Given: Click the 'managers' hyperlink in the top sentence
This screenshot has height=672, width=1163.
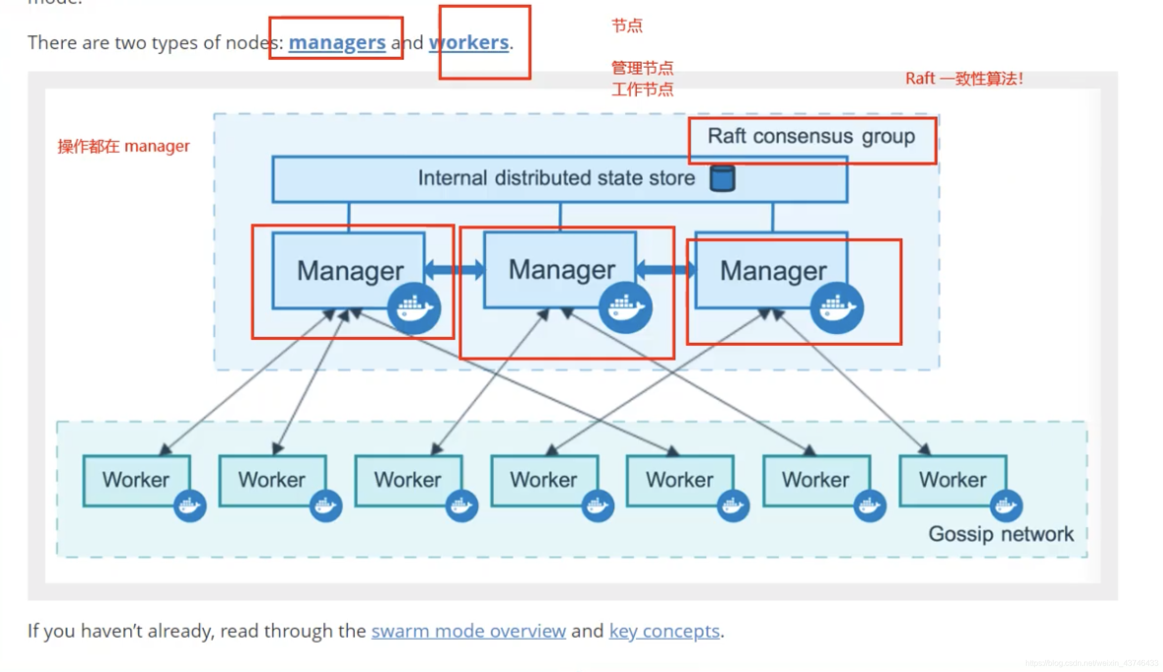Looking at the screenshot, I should click(337, 43).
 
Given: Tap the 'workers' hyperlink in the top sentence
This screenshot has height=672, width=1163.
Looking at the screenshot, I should click(469, 43).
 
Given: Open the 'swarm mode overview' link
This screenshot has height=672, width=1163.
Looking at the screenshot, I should click(468, 631).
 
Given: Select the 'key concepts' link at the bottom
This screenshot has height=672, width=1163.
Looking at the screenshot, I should click(664, 631).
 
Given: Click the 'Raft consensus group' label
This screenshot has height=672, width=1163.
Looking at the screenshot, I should click(811, 136).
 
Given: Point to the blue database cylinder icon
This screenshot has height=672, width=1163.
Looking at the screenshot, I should click(723, 178).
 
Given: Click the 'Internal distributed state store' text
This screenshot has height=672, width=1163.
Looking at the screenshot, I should click(556, 178).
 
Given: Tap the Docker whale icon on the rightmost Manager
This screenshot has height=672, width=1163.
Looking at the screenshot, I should click(837, 308).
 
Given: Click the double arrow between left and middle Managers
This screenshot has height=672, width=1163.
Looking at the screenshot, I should click(455, 269).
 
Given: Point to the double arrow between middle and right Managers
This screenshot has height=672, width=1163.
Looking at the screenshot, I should click(666, 269).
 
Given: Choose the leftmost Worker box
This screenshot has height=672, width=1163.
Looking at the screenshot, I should click(136, 480).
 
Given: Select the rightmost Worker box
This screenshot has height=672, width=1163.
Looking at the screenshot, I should click(953, 480).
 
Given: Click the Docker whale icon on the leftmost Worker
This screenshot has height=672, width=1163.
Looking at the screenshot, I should click(190, 505).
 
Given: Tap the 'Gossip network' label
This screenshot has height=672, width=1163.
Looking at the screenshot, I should click(1001, 534).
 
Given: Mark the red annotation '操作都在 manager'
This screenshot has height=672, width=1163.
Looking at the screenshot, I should click(123, 146).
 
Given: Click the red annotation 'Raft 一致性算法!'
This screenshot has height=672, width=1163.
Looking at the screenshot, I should click(964, 78).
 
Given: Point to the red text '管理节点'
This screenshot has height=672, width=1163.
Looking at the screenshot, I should click(642, 68).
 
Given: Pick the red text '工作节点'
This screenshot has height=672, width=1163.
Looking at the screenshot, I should click(642, 90).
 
